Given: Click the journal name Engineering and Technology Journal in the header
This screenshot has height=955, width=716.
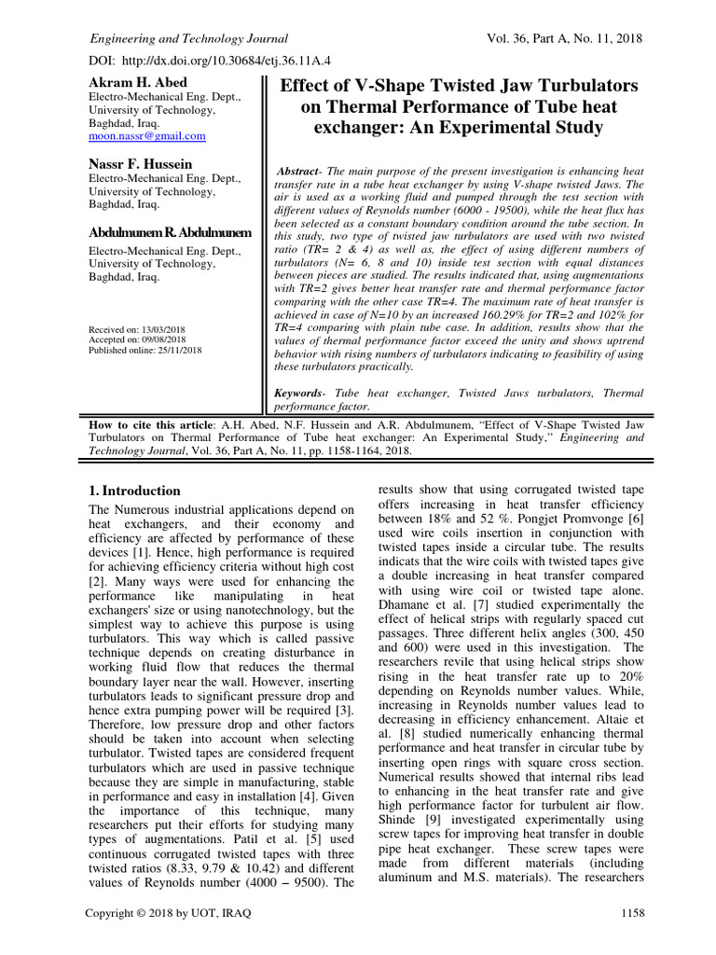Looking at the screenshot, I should click(187, 39).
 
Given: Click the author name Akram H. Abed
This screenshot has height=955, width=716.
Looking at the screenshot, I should click(137, 83).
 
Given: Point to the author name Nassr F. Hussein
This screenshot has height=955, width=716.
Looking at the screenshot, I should click(142, 164).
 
